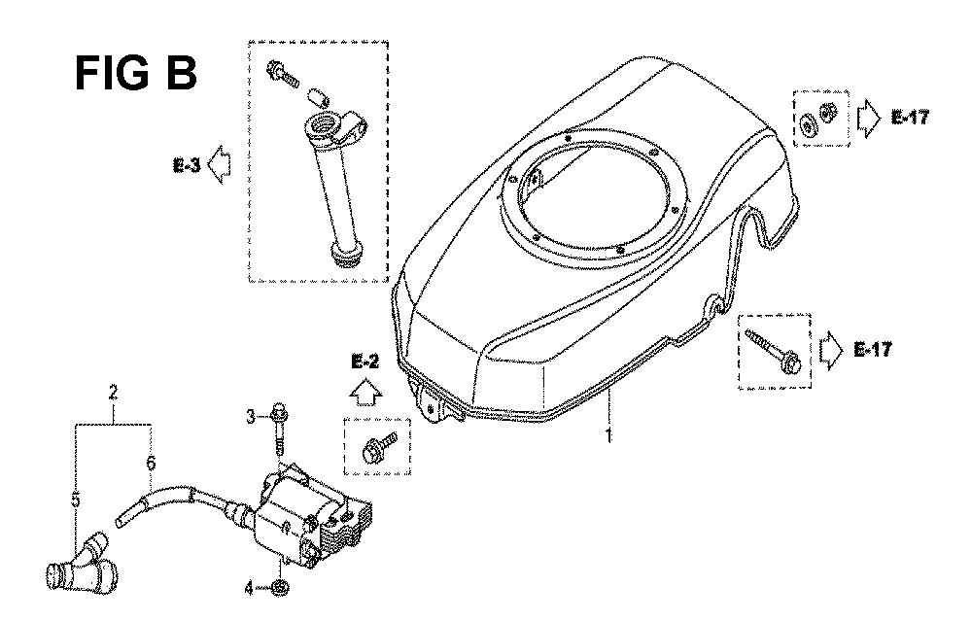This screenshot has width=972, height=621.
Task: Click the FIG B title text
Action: (x=136, y=73)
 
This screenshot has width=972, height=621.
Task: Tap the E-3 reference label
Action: (x=187, y=165)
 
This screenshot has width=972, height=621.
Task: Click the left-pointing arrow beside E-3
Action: (x=218, y=165)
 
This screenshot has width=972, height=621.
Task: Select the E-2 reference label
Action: (x=365, y=362)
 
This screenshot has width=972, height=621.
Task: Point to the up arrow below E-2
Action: (x=365, y=390)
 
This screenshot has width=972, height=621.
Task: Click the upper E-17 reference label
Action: (x=910, y=117)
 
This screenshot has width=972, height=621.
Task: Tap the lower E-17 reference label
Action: (x=873, y=350)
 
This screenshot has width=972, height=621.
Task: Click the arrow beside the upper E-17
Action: (x=868, y=117)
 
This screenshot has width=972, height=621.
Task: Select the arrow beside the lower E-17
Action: (x=831, y=350)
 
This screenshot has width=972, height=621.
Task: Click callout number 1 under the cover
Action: (x=608, y=435)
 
